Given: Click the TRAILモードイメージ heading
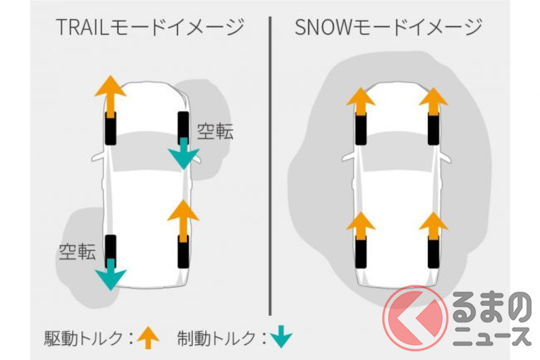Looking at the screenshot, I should click(x=150, y=27).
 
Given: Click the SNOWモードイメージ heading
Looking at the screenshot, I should click(x=388, y=27).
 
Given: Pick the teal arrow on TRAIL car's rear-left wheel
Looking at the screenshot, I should click(x=110, y=272).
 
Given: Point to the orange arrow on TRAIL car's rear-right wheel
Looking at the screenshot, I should click(x=183, y=219).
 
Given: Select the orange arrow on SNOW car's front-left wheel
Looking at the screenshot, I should click(x=359, y=102).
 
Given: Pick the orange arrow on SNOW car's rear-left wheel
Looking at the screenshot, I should click(x=359, y=224).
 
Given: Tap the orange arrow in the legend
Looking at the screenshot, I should click(x=149, y=337).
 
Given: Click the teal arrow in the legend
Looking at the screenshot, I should click(x=282, y=337).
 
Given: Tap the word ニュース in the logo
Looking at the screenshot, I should click(x=491, y=335).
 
